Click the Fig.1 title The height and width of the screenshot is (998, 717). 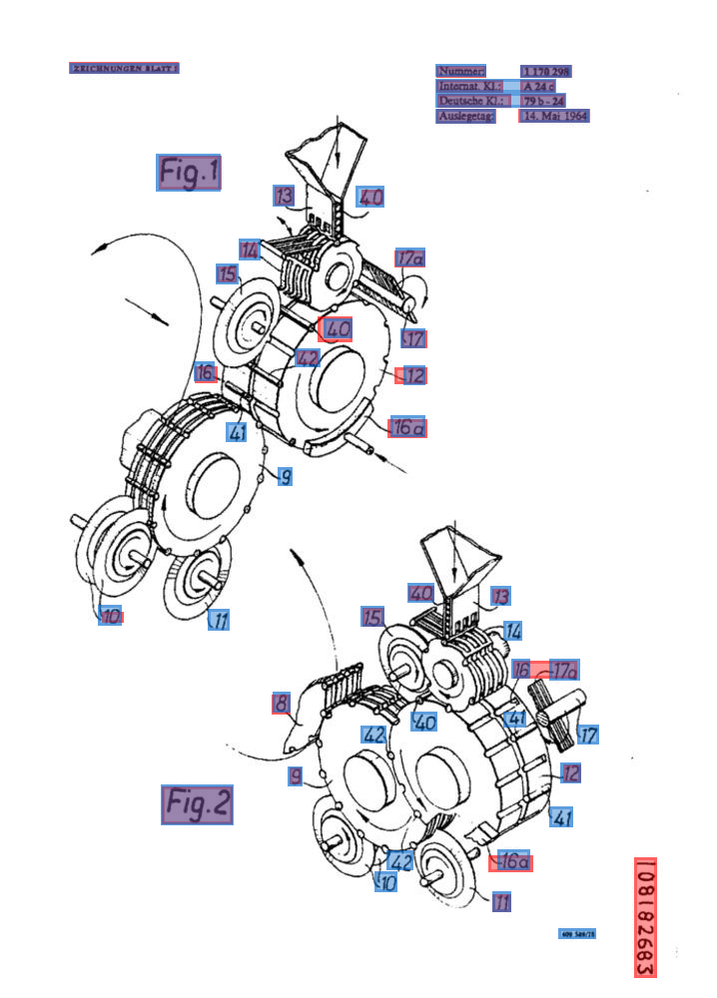point(189,173)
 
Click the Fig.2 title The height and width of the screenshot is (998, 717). point(197,803)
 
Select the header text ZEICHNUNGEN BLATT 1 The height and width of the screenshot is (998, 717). point(124,68)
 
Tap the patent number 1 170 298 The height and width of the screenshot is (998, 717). point(545,72)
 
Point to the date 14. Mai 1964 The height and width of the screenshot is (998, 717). point(554,116)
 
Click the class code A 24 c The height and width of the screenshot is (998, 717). point(538,87)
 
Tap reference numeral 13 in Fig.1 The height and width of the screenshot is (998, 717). point(285,196)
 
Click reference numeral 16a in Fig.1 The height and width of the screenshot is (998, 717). point(407,428)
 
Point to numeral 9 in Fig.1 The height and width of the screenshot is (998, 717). point(285,477)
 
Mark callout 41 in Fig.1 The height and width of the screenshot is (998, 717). point(237,432)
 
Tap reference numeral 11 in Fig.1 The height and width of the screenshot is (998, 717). point(219,620)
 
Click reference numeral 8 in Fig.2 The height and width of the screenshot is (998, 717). point(282,705)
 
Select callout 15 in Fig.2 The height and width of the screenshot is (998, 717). point(372,617)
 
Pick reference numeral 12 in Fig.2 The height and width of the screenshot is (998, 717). point(571,772)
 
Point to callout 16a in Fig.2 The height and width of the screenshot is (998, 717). point(511,861)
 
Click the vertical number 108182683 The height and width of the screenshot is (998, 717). point(645,917)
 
